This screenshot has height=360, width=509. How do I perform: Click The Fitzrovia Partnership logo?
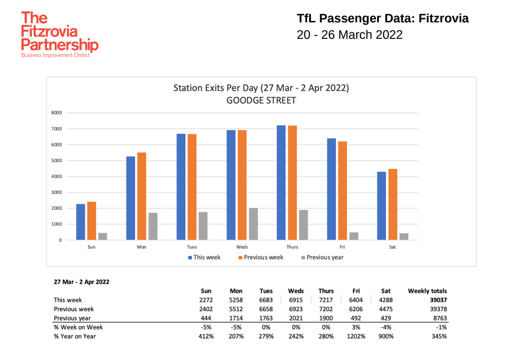59,35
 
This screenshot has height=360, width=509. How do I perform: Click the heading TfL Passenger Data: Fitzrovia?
382,19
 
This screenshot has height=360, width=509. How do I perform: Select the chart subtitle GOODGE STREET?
261,100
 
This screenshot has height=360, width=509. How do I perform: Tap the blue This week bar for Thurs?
281,183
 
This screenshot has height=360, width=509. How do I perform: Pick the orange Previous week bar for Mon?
141,196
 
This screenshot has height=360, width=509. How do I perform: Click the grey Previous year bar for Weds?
253,224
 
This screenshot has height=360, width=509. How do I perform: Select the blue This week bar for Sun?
81,222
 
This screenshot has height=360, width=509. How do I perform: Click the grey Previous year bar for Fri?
353,236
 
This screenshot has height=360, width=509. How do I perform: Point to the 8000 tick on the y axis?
57,113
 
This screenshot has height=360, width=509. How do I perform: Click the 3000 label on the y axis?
57,193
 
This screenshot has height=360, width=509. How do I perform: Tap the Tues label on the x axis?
192,247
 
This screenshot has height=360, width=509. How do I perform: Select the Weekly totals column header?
427,291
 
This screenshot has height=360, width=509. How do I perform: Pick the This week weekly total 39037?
437,300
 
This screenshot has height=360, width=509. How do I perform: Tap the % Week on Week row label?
78,327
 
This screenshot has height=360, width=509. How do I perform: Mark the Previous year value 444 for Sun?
206,318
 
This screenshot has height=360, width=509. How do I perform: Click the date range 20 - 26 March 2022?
349,35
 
